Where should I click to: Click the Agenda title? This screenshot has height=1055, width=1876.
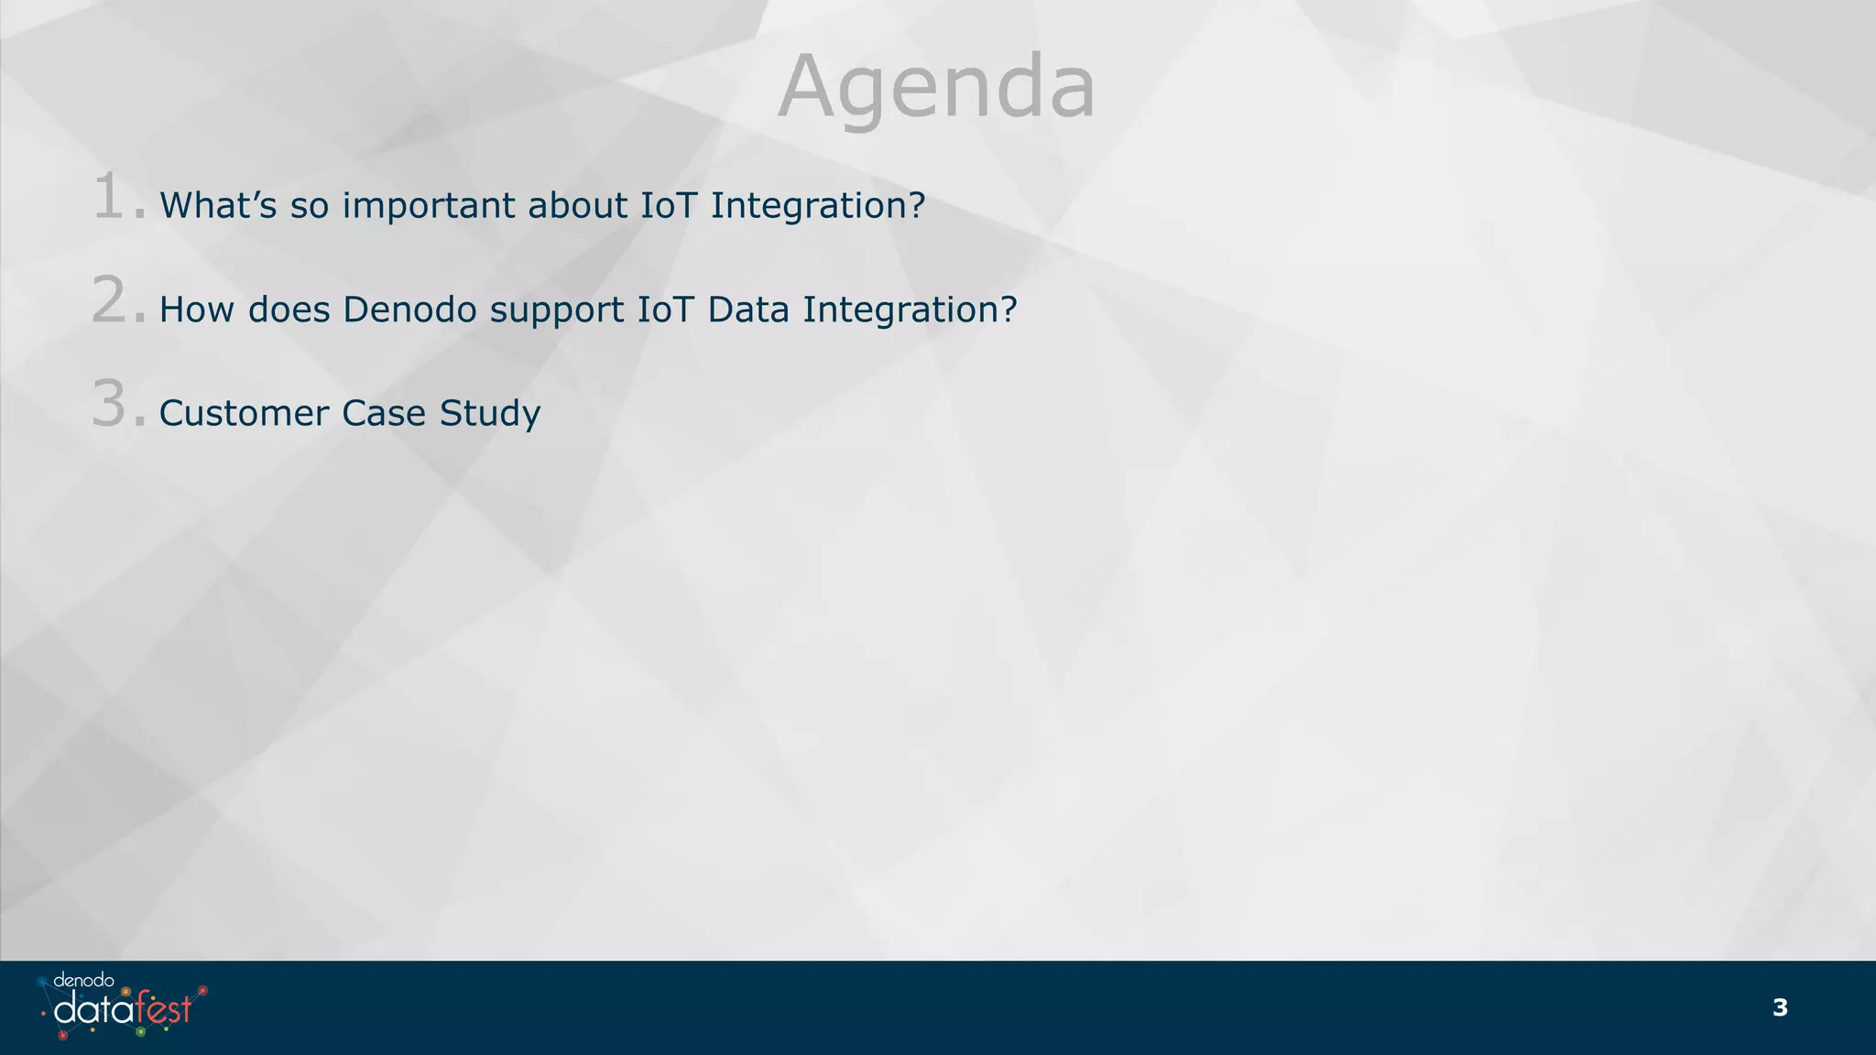[936, 87]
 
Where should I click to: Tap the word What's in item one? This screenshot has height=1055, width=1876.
[218, 205]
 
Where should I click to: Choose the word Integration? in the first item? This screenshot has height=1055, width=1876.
[818, 206]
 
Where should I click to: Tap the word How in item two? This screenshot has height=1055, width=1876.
[197, 310]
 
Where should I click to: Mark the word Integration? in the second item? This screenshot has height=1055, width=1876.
[910, 310]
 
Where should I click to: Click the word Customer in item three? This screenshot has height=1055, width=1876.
[244, 413]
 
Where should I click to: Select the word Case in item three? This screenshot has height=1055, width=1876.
[384, 413]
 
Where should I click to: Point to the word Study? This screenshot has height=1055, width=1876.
[490, 414]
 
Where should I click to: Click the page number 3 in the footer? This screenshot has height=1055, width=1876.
[1780, 1007]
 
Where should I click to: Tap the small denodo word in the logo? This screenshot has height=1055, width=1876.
[83, 980]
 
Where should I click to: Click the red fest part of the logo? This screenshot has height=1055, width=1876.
[164, 1008]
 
